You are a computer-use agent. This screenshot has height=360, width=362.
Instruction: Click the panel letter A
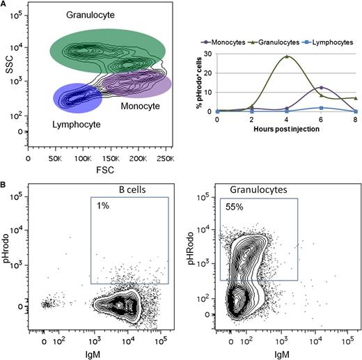pos(4,5)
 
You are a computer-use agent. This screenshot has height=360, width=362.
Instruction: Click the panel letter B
pos(4,185)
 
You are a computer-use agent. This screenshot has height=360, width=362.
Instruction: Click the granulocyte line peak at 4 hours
pos(286,56)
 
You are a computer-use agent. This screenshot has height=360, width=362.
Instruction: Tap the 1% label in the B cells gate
pos(102,206)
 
